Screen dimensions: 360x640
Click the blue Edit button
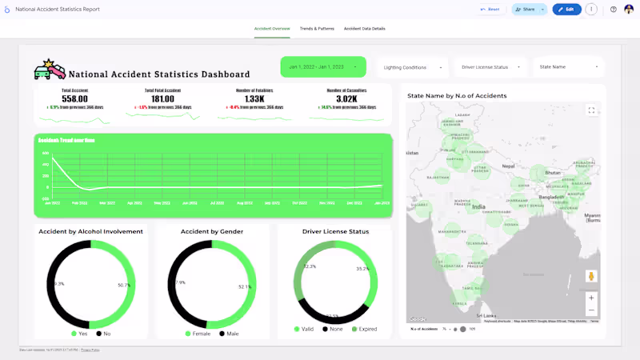(566, 10)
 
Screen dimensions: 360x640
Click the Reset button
(490, 10)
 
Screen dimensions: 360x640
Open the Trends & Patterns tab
(317, 28)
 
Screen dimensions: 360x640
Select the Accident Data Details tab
(364, 28)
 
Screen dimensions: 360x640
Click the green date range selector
(323, 67)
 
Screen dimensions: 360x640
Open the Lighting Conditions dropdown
(413, 67)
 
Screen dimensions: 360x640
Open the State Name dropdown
(569, 67)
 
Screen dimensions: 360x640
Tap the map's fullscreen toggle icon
(591, 110)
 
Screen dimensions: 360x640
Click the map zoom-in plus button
(591, 298)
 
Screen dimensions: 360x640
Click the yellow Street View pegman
(591, 276)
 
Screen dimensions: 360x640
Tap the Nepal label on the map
(508, 166)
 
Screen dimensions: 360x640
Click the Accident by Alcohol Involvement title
(90, 231)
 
